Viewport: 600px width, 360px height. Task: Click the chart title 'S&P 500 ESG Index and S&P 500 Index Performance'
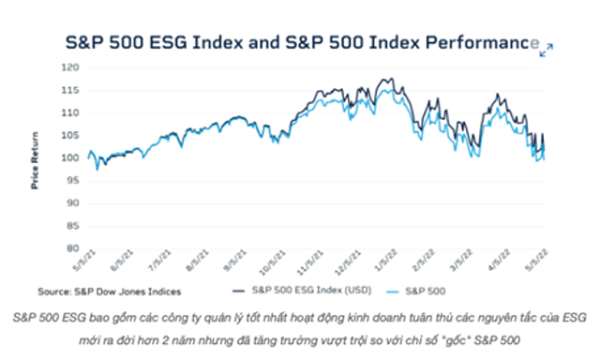point(300,43)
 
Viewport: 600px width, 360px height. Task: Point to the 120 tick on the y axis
point(71,67)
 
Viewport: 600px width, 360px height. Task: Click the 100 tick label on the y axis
point(71,157)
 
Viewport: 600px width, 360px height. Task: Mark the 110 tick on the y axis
point(71,112)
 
